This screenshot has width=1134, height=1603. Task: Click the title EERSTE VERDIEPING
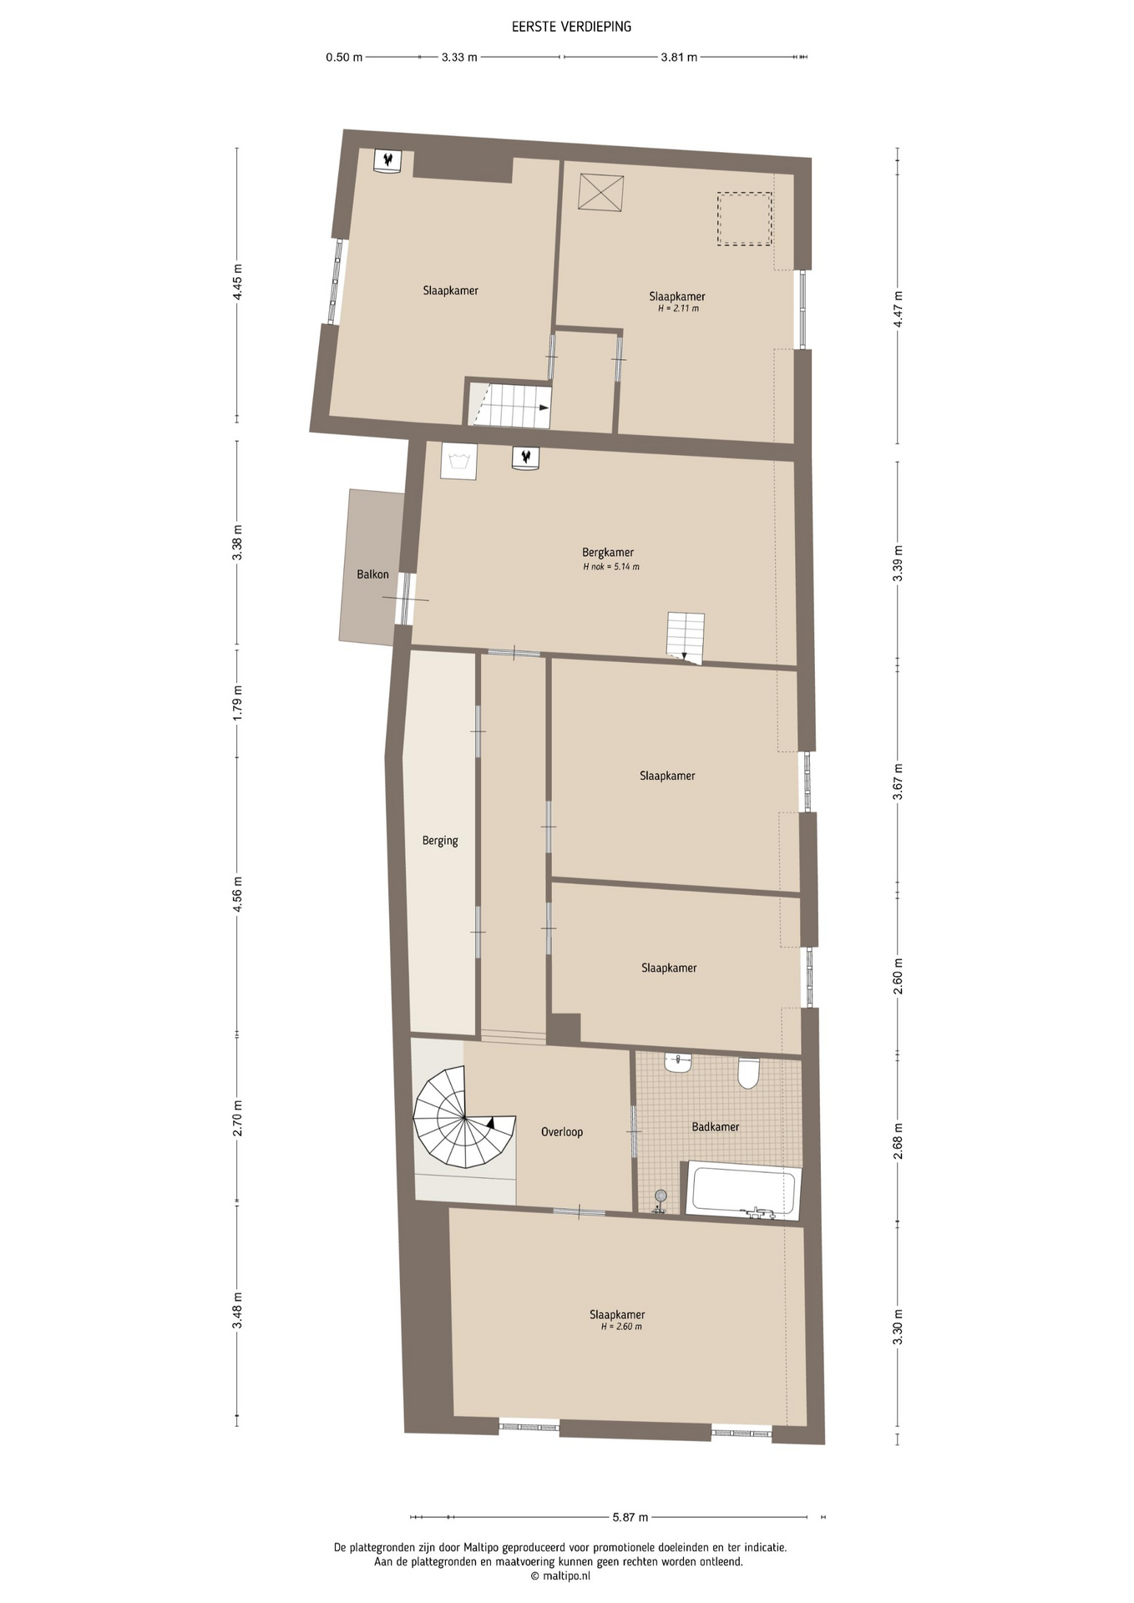tap(571, 27)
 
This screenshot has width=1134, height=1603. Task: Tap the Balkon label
tap(372, 574)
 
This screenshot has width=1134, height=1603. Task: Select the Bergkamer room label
tap(608, 552)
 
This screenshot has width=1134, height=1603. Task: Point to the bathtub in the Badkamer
tap(743, 1191)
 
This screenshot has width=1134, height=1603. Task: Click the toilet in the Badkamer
tap(748, 1073)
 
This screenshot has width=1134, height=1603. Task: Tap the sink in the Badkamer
tap(678, 1063)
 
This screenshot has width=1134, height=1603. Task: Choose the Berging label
tap(440, 841)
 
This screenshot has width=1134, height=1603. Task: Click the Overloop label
tap(562, 1132)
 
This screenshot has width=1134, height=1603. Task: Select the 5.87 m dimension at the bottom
tap(630, 1517)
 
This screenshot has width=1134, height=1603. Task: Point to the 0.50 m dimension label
tap(344, 58)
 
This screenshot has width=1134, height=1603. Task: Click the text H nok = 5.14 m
tap(611, 567)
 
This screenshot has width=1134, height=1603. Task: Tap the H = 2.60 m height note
tap(621, 1327)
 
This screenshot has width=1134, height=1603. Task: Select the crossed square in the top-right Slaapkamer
tap(601, 193)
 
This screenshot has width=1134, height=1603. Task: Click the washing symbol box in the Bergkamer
tap(458, 461)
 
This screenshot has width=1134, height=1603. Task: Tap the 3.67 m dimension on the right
tap(898, 782)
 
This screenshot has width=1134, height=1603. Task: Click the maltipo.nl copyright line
tap(560, 1576)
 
